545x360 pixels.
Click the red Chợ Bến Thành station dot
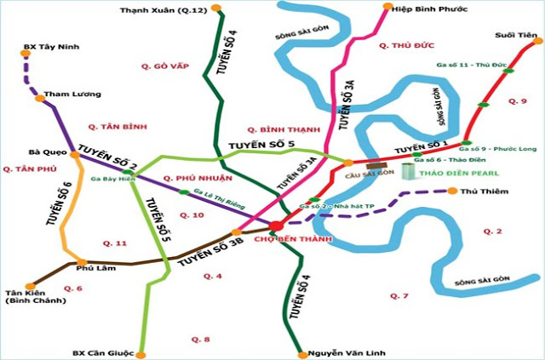[277, 225]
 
